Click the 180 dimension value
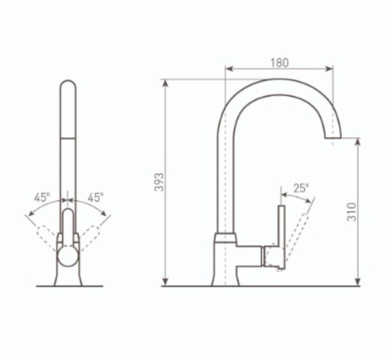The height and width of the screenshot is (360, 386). click(x=279, y=63)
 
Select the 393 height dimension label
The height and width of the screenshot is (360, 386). click(x=159, y=182)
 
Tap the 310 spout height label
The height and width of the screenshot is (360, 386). click(x=352, y=212)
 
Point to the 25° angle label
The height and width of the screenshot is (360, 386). click(x=301, y=188)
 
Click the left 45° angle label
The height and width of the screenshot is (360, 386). click(x=42, y=197)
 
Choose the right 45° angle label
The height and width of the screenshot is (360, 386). click(x=96, y=197)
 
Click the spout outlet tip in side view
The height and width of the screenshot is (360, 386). click(x=333, y=137)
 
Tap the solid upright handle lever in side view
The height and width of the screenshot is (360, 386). click(x=282, y=236)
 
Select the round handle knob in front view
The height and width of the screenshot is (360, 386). click(x=68, y=256)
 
